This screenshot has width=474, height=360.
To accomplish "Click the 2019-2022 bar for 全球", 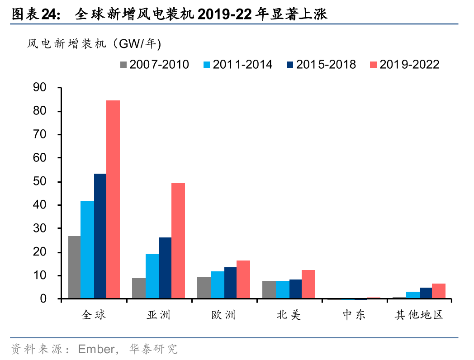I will (113, 199).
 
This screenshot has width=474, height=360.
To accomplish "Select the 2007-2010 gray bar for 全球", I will (74, 267).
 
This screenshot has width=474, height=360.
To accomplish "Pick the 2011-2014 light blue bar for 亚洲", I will (152, 276).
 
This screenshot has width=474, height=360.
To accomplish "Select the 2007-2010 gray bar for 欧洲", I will (204, 288).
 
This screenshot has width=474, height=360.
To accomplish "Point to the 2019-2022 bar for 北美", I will (308, 284).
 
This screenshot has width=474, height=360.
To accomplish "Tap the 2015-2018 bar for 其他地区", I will (426, 293).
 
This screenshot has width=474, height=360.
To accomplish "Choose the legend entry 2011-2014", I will (238, 65).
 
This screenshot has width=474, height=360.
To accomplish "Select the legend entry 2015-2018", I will (321, 65).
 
